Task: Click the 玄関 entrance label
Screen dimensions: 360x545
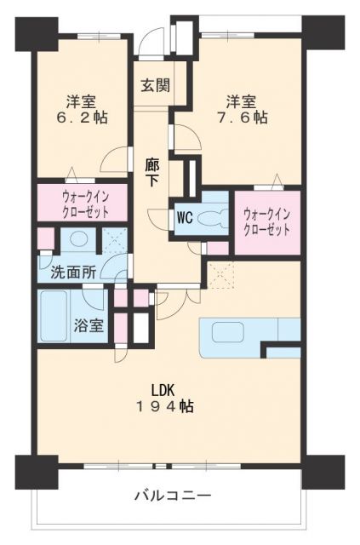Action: coord(156,85)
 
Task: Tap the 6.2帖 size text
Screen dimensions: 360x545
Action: coord(82,118)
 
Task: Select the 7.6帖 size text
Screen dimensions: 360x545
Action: coord(243,118)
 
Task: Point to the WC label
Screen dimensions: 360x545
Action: coord(185,218)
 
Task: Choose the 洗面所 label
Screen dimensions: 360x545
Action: coord(73,272)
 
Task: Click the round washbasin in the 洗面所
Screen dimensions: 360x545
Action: coord(78,239)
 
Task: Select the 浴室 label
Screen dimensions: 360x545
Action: coord(89,325)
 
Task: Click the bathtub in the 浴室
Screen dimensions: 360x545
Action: coord(54,316)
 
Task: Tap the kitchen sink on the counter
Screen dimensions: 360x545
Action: coord(227,332)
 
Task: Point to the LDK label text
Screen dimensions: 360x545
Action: coord(163,390)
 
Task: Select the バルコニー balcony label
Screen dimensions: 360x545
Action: coord(173,495)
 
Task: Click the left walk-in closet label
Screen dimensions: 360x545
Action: coord(85,204)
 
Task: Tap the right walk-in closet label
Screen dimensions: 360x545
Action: coord(267,222)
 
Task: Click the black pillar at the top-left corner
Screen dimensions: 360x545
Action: coord(36,34)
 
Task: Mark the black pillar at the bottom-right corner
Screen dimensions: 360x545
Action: coord(323,472)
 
